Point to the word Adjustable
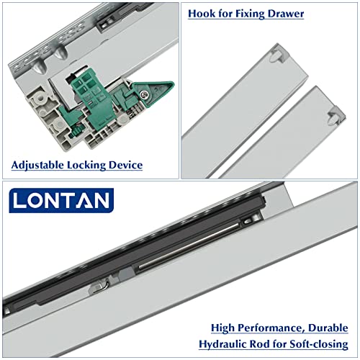point(39,165)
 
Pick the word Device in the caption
point(126,165)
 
